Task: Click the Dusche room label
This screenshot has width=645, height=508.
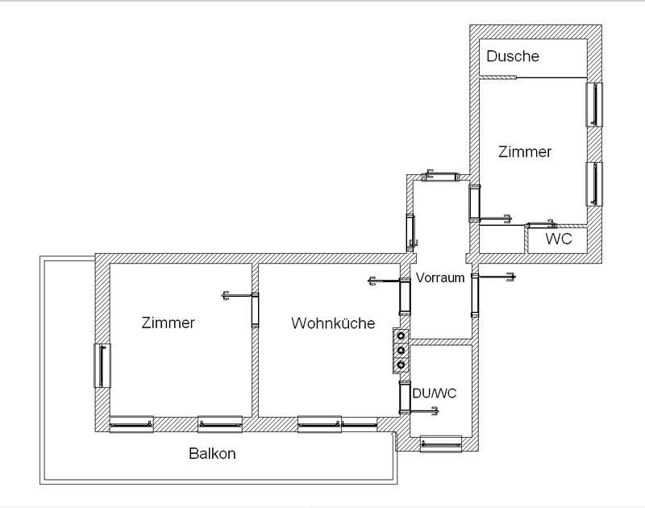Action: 513,56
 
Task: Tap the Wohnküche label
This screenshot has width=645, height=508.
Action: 333,323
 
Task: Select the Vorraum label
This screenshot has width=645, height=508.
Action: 440,277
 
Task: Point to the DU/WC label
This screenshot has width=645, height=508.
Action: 435,393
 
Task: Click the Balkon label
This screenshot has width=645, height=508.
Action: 212,453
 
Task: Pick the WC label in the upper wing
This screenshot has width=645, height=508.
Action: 559,239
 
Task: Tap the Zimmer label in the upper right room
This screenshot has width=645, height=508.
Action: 525,152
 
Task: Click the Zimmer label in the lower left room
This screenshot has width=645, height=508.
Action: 168,323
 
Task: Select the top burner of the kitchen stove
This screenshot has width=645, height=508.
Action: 401,336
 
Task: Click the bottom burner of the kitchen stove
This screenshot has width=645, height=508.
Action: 401,364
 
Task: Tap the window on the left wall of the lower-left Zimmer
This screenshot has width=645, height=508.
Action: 102,365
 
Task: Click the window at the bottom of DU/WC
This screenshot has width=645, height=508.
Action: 441,443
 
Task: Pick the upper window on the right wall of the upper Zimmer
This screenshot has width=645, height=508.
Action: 594,105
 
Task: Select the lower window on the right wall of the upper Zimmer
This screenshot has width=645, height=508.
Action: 594,184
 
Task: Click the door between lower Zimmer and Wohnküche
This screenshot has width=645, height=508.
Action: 255,310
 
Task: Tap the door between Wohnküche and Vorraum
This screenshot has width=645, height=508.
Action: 406,296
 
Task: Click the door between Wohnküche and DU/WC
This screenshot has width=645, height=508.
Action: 406,397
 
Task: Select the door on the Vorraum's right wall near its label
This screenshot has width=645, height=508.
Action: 475,295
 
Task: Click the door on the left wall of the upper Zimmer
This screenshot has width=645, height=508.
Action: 475,203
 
